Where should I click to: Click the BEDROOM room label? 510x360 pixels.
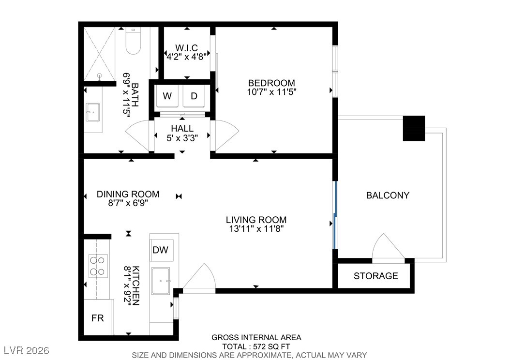point(271,83)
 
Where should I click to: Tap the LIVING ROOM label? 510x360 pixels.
point(256,220)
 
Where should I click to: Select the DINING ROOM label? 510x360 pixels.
point(128,194)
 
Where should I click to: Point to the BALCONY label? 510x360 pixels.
point(388,195)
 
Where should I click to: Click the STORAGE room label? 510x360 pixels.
point(376,276)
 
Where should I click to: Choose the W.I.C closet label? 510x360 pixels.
point(186,48)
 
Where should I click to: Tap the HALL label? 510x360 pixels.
point(182,128)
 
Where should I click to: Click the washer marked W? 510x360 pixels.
point(167,96)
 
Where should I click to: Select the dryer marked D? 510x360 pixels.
point(194,96)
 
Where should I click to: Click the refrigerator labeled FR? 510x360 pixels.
point(98,317)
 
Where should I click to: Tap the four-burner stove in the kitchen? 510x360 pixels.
point(98,266)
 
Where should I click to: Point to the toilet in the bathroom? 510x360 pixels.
point(133,41)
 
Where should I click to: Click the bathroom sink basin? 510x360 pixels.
point(93,112)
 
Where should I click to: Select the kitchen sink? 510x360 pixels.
point(161,281)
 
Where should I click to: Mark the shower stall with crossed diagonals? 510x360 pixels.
point(100,54)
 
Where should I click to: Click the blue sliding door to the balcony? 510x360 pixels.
point(335,215)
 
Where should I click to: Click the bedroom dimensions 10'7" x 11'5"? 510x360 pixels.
point(271,92)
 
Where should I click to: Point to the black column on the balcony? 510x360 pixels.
point(414,128)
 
